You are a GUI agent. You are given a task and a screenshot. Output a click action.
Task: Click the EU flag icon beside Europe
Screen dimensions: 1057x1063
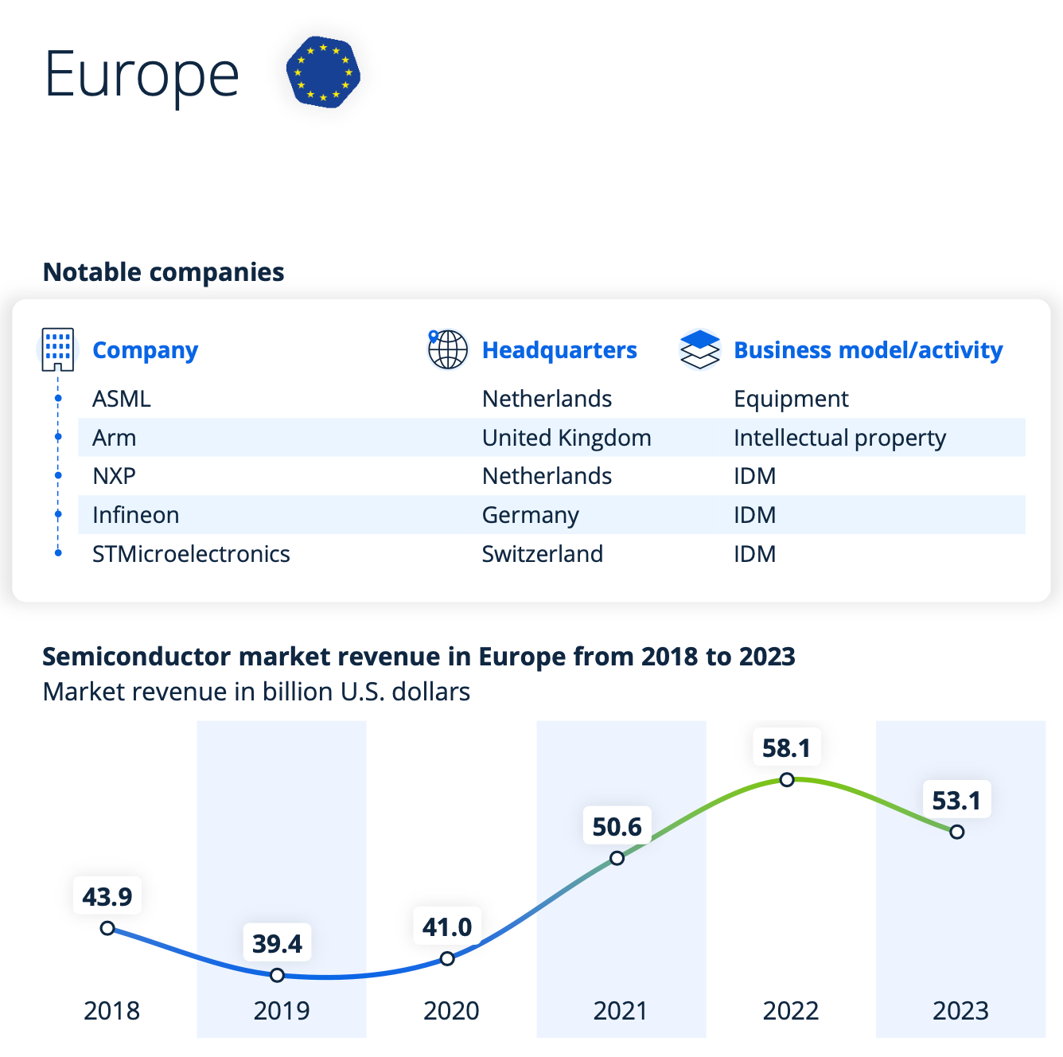pos(323,72)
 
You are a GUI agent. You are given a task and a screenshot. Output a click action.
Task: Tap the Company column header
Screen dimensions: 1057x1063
pos(145,350)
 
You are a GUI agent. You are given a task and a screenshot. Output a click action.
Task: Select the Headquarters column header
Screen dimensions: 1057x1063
pos(559,350)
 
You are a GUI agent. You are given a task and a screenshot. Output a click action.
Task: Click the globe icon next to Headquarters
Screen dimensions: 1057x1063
pos(447,349)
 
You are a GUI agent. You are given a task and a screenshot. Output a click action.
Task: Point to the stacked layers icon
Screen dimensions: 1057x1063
pos(699,349)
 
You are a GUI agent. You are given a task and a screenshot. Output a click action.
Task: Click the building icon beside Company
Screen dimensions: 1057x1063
pos(57,349)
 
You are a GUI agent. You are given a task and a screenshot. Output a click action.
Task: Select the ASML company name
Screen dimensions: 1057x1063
pos(122,399)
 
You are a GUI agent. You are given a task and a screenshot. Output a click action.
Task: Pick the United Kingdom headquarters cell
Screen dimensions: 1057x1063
pos(567,438)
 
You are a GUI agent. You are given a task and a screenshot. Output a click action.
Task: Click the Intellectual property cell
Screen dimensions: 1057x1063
pos(839,438)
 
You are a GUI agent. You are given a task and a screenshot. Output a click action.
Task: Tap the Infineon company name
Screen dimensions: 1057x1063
pos(136,515)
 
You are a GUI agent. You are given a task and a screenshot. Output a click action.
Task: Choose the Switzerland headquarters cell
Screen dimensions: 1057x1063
pos(543,554)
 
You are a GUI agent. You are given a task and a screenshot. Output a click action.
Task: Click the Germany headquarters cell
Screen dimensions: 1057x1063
pos(530,515)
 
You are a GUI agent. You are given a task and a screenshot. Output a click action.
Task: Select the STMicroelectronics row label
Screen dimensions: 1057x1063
pos(191,554)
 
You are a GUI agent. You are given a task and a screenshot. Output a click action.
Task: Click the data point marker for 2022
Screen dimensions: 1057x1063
pos(787,780)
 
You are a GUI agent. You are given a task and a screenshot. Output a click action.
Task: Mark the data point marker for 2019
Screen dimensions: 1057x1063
pos(277,975)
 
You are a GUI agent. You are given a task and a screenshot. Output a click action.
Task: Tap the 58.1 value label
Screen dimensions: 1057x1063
pos(786,748)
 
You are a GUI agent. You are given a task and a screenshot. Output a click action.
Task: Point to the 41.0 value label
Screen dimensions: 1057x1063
pos(447,927)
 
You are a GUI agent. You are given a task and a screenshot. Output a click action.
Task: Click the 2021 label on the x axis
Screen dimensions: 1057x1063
pos(621,1011)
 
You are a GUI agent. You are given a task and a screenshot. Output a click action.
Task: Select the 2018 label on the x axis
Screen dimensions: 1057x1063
pos(111,1011)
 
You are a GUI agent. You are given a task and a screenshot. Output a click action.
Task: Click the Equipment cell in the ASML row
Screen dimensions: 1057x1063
pos(791,399)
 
